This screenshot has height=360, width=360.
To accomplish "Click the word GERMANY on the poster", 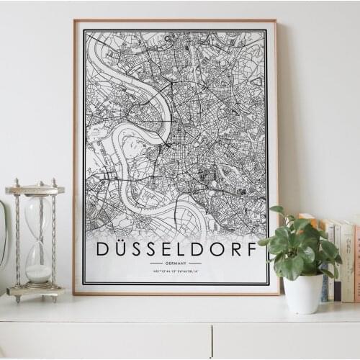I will [x=176, y=264].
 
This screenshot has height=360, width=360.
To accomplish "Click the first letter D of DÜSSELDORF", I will [x=102, y=250].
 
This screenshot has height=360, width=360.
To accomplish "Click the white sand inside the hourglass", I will [x=38, y=273].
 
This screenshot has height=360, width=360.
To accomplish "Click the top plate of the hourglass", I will [x=35, y=190].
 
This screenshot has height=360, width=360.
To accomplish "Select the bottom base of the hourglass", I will [x=35, y=291].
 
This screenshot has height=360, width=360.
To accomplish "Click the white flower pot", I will [x=303, y=294].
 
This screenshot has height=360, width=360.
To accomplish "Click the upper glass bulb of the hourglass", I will [x=37, y=215].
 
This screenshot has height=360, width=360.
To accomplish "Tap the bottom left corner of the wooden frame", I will [x=74, y=293].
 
